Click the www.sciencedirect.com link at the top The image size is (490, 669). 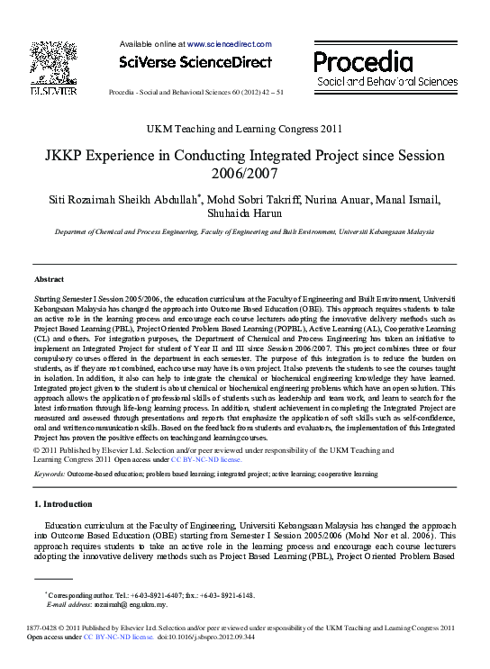(229, 43)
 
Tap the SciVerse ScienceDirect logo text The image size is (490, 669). (195, 62)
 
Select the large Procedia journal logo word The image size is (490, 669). (363, 61)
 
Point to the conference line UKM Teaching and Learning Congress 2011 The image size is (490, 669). (244, 129)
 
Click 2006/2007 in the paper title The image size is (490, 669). (245, 173)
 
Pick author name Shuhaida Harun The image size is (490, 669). (244, 212)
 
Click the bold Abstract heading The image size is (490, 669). (49, 280)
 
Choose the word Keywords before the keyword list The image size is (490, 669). (49, 474)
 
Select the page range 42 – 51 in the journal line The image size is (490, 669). (269, 92)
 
